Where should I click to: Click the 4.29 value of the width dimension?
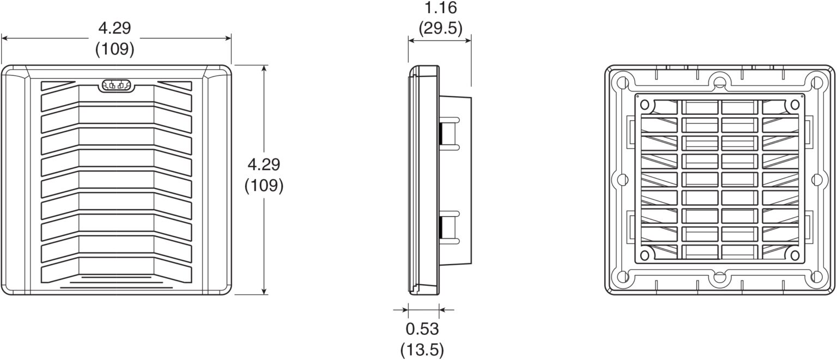(114, 28)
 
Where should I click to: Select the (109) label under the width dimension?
(114, 49)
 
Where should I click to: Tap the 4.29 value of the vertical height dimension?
(264, 164)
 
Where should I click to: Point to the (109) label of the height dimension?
(264, 186)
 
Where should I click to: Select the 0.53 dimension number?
(422, 329)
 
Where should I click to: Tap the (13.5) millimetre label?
(422, 349)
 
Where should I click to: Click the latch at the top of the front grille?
(117, 86)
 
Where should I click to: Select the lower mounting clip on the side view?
(449, 225)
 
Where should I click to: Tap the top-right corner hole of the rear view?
(816, 83)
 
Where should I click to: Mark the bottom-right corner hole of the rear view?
(816, 277)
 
